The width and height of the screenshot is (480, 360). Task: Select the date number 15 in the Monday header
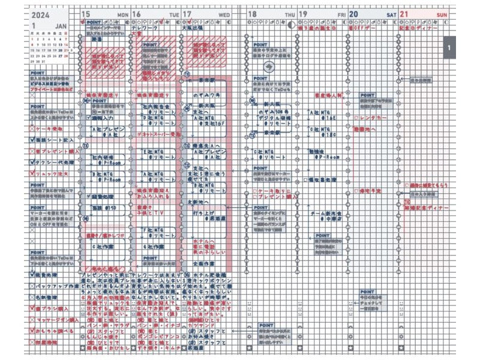tap(86, 13)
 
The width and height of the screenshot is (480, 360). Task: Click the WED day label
tap(224, 14)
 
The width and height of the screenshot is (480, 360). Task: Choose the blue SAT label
tap(391, 14)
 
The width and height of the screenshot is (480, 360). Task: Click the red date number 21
tap(404, 13)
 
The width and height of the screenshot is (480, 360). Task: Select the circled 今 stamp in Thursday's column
tap(268, 66)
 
